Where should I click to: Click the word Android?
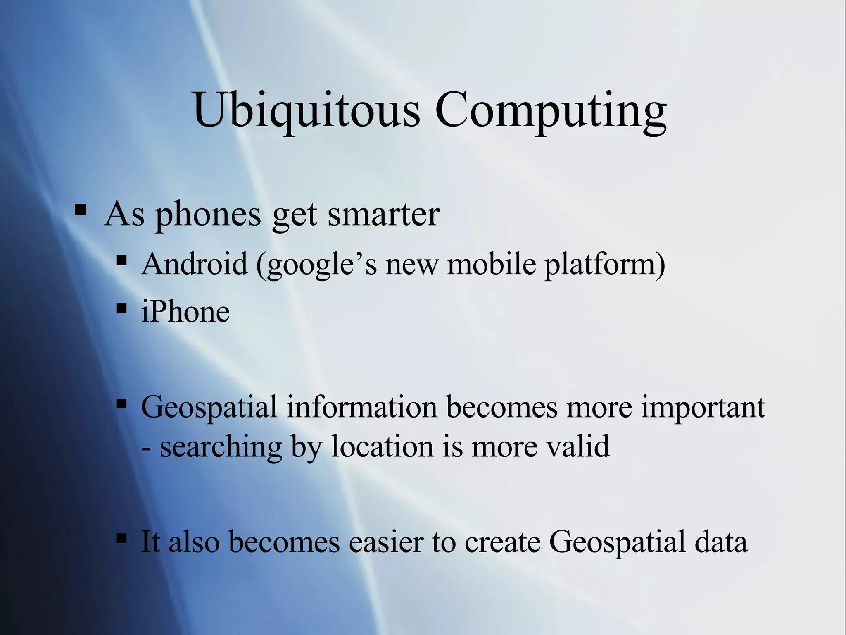click(x=194, y=264)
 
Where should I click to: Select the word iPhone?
click(x=185, y=312)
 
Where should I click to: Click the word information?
click(x=361, y=407)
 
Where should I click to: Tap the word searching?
click(x=221, y=447)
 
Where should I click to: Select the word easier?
click(x=386, y=542)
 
